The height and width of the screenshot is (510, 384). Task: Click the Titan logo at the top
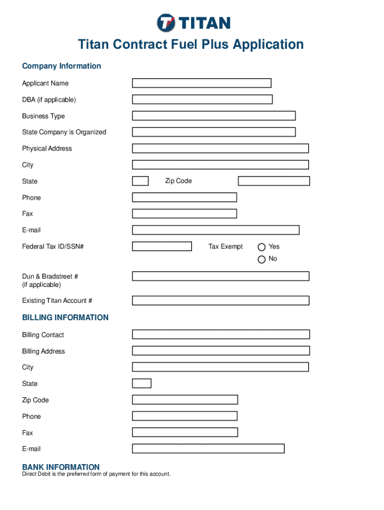pos(193,23)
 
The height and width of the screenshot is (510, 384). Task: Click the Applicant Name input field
pos(201,83)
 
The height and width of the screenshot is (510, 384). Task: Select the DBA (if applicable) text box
pos(202,100)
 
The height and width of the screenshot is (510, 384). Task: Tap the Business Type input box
pos(213,116)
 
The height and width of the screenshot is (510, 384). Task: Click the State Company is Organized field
pos(213,132)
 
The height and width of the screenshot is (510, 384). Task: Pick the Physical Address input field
pos(220,148)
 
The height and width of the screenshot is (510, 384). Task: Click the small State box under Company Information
pos(140,181)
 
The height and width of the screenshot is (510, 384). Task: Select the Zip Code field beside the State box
pos(274,181)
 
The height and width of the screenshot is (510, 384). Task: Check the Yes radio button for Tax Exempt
pos(261,247)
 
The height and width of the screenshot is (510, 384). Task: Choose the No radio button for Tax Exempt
pos(261,259)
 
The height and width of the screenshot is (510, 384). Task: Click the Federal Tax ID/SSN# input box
pos(162,246)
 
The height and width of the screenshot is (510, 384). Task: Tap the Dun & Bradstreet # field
pos(220,276)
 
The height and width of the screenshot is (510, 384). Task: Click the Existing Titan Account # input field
pos(220,300)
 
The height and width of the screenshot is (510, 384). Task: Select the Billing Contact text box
pos(220,334)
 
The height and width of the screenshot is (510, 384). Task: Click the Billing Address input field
pos(220,351)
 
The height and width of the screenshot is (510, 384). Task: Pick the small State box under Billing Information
pos(142,383)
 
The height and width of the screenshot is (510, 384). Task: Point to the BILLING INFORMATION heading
pos(65,318)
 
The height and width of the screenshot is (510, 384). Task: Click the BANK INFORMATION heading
pos(61,467)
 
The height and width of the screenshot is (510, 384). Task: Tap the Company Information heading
pos(61,66)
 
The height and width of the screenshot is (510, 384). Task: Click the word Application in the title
pos(263,45)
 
